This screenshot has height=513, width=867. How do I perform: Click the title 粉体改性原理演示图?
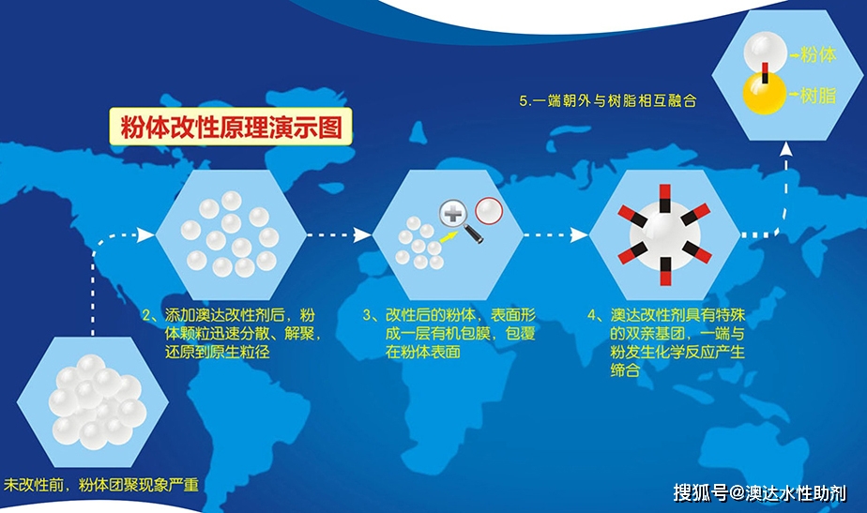(x=228, y=127)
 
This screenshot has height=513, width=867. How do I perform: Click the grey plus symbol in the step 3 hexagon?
(x=454, y=215)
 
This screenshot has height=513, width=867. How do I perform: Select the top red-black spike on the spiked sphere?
(x=663, y=196)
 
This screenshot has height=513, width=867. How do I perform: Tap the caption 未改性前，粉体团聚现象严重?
(x=101, y=485)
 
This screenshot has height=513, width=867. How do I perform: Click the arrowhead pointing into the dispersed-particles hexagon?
(x=145, y=234)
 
